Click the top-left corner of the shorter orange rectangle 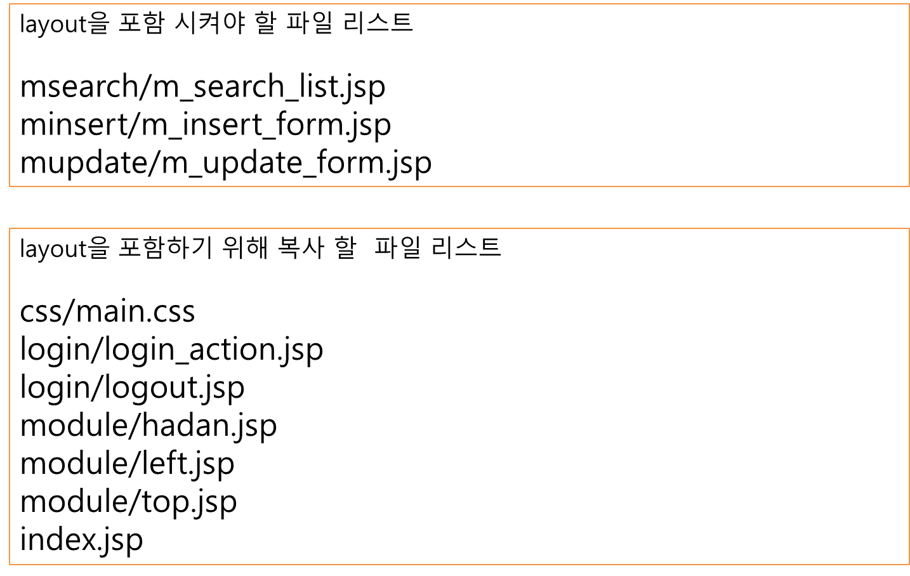pyautogui.click(x=10, y=4)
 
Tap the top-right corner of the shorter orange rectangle pyautogui.click(x=909, y=4)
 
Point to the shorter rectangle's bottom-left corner pyautogui.click(x=10, y=187)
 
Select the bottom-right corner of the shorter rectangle pyautogui.click(x=909, y=187)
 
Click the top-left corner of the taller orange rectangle pyautogui.click(x=10, y=228)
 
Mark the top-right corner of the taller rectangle pyautogui.click(x=909, y=228)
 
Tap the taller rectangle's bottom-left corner pyautogui.click(x=10, y=564)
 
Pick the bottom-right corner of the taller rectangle pyautogui.click(x=909, y=564)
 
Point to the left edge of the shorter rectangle pyautogui.click(x=10, y=95)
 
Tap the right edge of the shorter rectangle pyautogui.click(x=909, y=95)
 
